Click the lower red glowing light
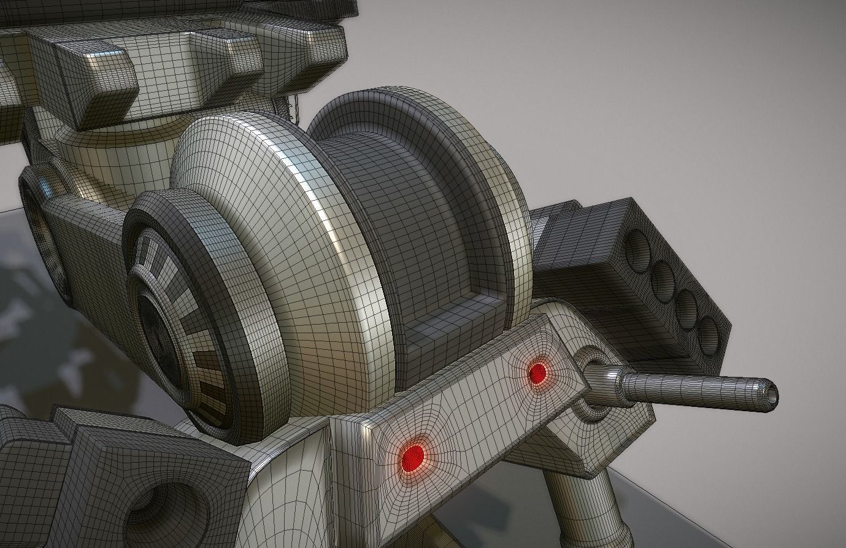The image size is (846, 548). pyautogui.click(x=413, y=455)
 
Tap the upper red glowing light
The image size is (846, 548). pyautogui.click(x=537, y=372)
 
